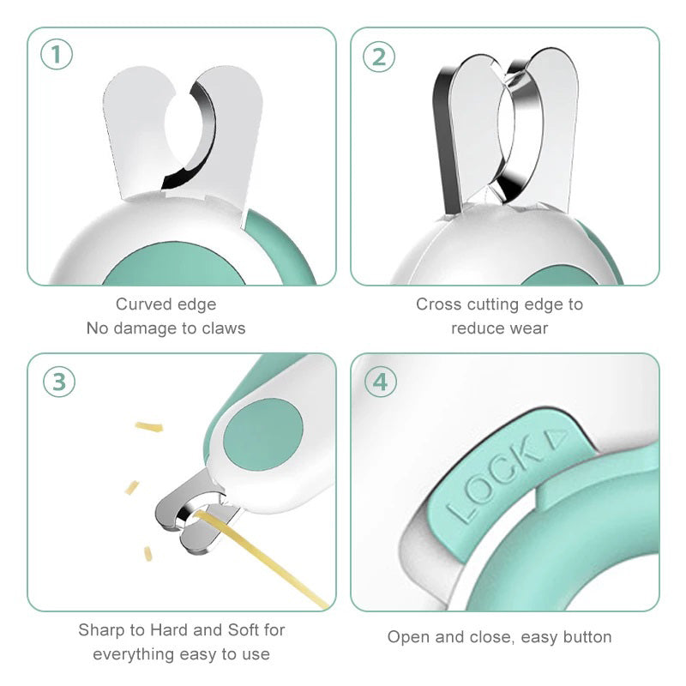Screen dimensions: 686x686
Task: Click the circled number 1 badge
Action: [57, 56]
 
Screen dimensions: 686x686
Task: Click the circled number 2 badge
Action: [379, 56]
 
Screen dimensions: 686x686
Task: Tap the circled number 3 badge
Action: [57, 382]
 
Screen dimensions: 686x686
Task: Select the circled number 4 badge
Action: [380, 382]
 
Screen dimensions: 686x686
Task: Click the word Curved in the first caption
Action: [141, 304]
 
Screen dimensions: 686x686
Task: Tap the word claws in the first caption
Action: [224, 328]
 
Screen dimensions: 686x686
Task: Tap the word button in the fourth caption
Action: [587, 637]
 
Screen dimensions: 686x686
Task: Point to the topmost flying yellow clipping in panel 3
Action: [148, 425]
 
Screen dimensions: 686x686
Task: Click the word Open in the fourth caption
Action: [407, 637]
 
